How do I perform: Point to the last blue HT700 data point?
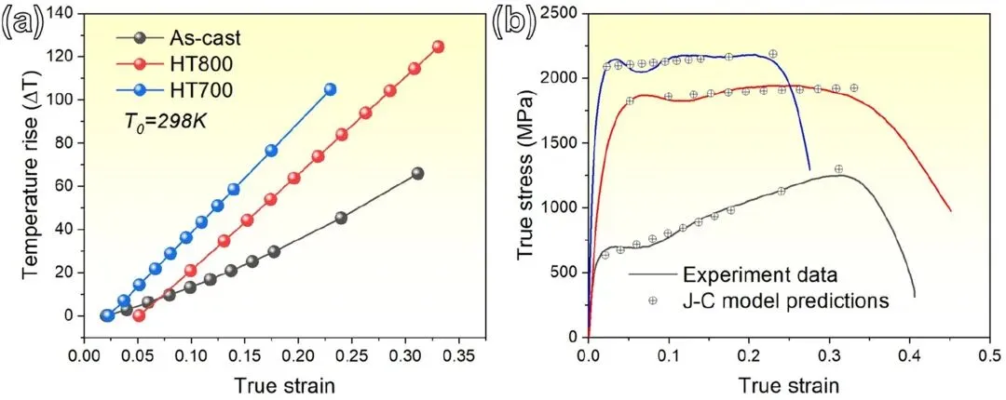[x=330, y=89]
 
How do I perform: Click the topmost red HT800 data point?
[x=438, y=47]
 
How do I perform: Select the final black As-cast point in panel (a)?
[x=417, y=173]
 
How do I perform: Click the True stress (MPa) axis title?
[x=527, y=172]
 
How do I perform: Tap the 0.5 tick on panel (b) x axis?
[x=989, y=355]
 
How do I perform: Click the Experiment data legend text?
[x=759, y=275]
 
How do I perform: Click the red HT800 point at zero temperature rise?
[x=139, y=315]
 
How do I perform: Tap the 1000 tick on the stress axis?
[x=563, y=207]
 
